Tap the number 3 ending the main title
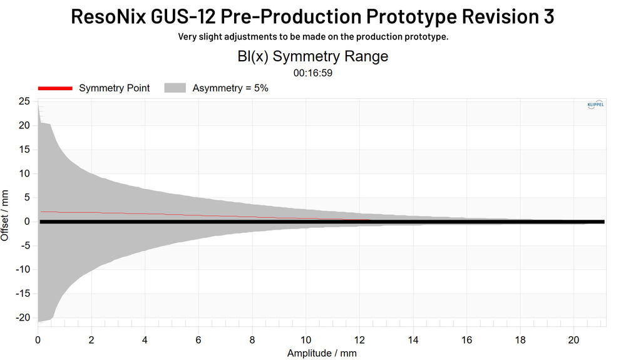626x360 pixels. point(548,16)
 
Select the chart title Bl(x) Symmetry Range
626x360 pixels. point(312,56)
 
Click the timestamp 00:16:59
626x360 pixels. point(312,73)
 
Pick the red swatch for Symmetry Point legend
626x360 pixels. point(55,88)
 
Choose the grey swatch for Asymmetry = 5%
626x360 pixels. point(175,88)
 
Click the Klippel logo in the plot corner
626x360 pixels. point(595,106)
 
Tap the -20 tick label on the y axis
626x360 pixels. point(23,317)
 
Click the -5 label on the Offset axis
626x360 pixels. point(24,245)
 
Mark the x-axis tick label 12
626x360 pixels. point(359,340)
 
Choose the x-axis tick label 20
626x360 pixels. point(573,340)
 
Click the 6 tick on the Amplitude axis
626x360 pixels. point(198,340)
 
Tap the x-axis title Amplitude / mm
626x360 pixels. point(322,353)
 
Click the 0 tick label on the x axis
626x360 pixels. point(38,340)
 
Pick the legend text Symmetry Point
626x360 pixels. point(114,88)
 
